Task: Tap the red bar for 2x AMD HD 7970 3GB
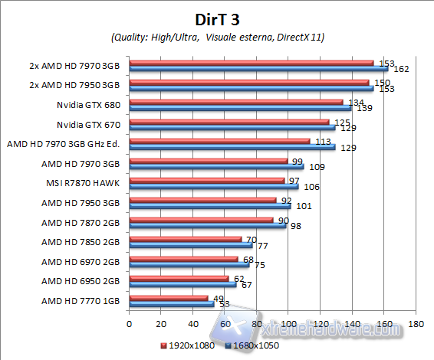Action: point(252,62)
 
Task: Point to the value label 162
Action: point(400,69)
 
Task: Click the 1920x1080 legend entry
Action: point(187,345)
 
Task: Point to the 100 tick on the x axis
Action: point(288,323)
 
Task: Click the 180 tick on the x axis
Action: point(415,323)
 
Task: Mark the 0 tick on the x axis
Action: point(130,323)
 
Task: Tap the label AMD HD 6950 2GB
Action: point(81,281)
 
